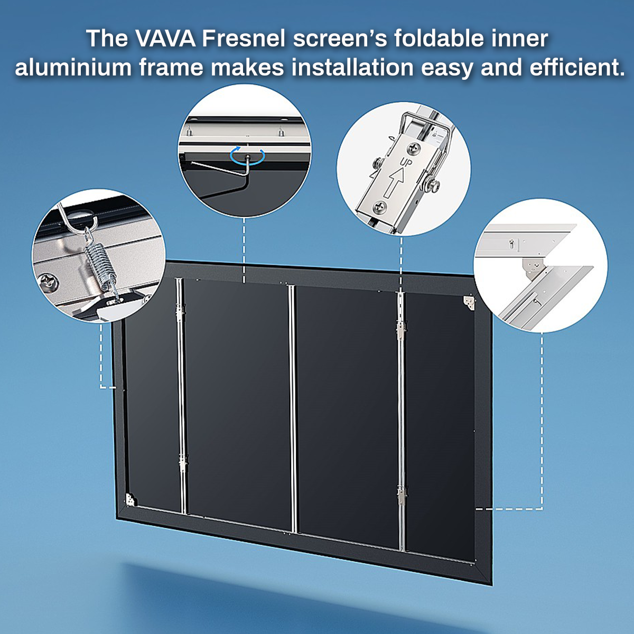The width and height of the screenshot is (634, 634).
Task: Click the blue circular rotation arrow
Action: pyautogui.click(x=247, y=155)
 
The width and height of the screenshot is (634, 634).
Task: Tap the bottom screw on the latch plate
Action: pyautogui.click(x=378, y=207)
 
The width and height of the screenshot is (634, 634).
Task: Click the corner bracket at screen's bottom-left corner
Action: pyautogui.click(x=130, y=499)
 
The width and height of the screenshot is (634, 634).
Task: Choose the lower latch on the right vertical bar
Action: pyautogui.click(x=402, y=494)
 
